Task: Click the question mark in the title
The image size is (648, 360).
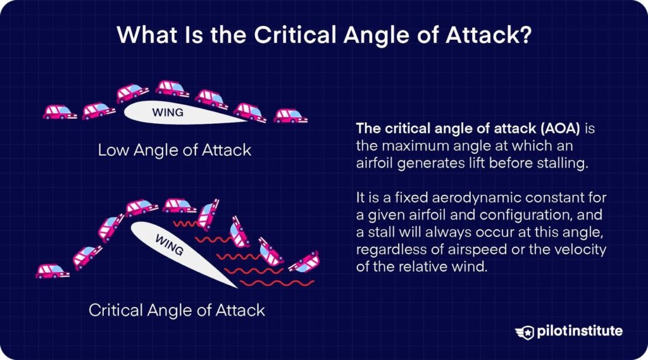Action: click(525, 35)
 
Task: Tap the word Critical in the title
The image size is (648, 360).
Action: click(294, 35)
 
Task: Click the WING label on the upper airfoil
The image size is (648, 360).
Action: click(167, 113)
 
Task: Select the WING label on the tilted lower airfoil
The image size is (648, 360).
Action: click(170, 245)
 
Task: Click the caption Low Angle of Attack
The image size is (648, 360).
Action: click(175, 149)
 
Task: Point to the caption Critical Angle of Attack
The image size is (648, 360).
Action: click(177, 310)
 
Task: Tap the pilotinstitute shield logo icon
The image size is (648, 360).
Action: click(525, 332)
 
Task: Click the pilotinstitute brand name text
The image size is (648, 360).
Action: click(580, 331)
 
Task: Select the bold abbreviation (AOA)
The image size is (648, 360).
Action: click(560, 128)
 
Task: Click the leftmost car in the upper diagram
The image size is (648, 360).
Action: click(60, 112)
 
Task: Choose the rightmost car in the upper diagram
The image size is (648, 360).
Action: click(290, 116)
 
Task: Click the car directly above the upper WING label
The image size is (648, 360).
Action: click(172, 89)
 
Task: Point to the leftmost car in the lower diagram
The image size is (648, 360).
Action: click(53, 271)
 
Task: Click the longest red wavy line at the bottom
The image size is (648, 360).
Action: click(277, 283)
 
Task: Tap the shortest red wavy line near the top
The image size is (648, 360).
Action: click(185, 223)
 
